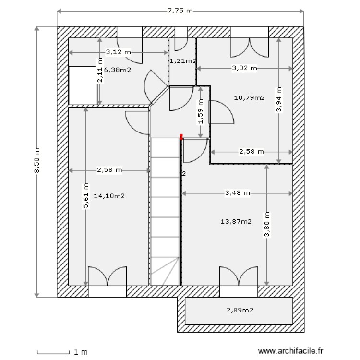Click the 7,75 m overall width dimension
pos(180,11)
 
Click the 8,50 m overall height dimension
pos(36,161)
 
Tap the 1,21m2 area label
pos(182,61)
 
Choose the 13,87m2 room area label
pos(236,221)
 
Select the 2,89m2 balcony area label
pos(240,310)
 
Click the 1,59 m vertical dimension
pos(201,111)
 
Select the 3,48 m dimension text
pos(238,193)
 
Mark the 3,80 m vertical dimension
pos(267,225)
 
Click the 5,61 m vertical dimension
pos(86,196)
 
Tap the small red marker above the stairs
pos(181,137)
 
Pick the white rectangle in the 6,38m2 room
pos(84,85)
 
